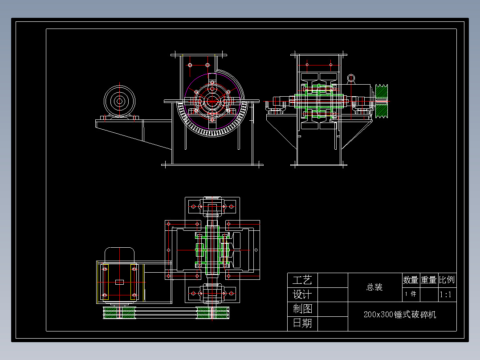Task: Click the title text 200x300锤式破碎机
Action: pos(400,315)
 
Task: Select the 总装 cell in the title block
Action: pos(374,287)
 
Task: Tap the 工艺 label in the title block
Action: pos(302,280)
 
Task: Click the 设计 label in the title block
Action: pos(302,295)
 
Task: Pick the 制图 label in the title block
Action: pos(302,309)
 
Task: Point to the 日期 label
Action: pos(302,323)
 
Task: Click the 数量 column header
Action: pos(411,280)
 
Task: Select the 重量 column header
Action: pos(429,280)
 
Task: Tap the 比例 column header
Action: pos(447,280)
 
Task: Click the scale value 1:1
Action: pos(446,295)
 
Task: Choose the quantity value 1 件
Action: pos(411,294)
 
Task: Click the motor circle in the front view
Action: pos(119,101)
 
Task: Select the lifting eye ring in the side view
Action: pos(351,78)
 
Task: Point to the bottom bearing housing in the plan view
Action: pos(212,294)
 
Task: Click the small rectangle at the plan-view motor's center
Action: pos(119,282)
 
